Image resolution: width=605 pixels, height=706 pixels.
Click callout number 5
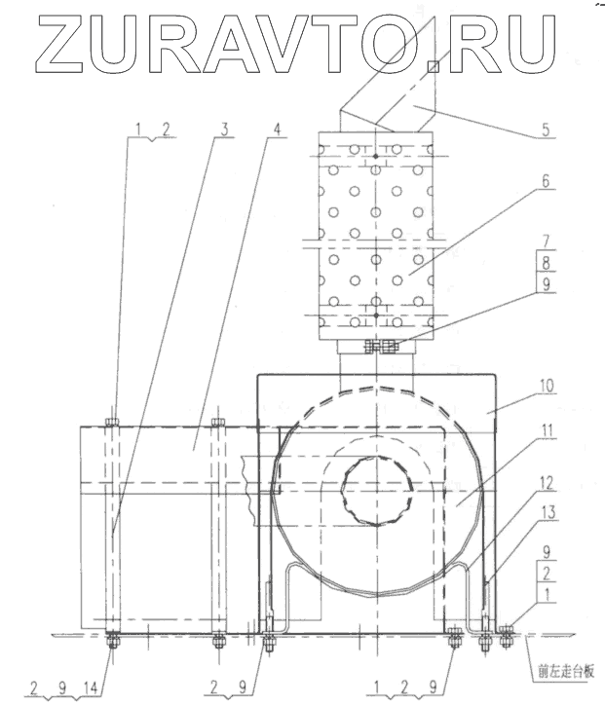(546, 130)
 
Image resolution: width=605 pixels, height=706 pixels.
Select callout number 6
(546, 181)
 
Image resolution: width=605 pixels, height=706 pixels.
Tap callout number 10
(546, 386)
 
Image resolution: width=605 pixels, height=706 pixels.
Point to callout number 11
(547, 430)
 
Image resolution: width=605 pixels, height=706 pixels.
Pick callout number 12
(546, 484)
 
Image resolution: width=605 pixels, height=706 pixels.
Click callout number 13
(547, 512)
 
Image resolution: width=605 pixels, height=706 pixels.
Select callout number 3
(224, 130)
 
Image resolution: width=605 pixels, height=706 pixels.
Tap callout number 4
(277, 130)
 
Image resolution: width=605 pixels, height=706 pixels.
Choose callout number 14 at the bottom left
(92, 687)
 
